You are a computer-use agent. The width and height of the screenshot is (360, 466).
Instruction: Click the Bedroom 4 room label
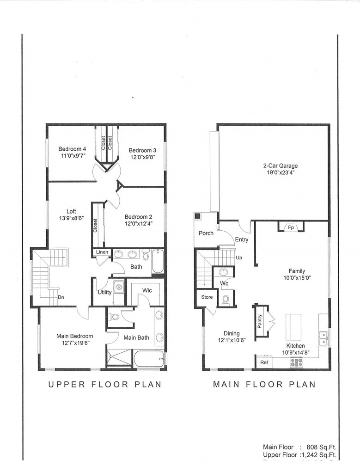[x=72, y=149]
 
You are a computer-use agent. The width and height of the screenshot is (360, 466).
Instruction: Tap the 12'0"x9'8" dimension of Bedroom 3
[x=143, y=157]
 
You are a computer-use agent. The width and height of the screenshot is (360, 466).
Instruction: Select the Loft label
[x=71, y=211]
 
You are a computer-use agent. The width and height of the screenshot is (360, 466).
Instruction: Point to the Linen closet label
[x=102, y=252]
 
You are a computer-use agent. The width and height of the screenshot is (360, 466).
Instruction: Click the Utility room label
[x=104, y=292]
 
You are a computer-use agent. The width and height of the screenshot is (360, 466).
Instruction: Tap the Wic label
[x=147, y=290]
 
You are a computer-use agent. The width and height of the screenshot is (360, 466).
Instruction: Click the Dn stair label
[x=61, y=297]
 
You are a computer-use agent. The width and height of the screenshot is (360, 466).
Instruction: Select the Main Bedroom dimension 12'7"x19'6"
[x=75, y=343]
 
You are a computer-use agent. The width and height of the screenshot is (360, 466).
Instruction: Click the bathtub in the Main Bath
[x=149, y=359]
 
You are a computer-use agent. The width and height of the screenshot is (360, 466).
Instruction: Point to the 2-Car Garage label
[x=281, y=166]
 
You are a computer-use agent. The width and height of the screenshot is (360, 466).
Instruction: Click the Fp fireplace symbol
[x=291, y=227]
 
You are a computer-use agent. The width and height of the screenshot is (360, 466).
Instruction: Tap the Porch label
[x=206, y=233]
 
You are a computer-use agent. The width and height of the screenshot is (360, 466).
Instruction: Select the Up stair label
[x=239, y=258]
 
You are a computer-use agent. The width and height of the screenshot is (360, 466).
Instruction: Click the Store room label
[x=207, y=297]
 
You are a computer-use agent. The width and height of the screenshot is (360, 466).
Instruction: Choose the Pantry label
[x=260, y=321]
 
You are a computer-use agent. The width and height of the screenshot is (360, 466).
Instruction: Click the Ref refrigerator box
[x=264, y=362]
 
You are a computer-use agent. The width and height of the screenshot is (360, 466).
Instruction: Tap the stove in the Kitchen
[x=296, y=362]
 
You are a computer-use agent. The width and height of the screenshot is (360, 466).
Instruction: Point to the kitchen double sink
[x=323, y=338]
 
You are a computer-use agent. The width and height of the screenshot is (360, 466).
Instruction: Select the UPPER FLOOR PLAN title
[x=105, y=384]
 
